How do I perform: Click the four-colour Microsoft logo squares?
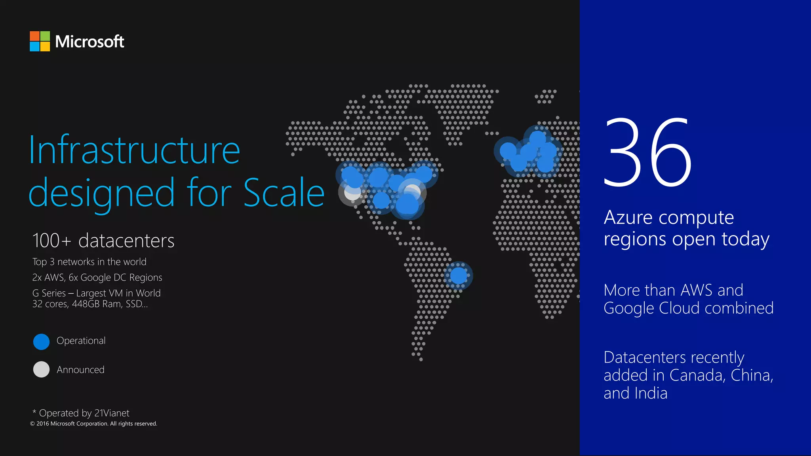[40, 41]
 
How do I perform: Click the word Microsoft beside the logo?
[89, 42]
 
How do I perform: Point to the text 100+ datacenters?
[103, 241]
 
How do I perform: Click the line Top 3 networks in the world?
[89, 262]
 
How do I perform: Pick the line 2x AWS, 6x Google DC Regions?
[97, 277]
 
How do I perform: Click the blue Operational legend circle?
[41, 342]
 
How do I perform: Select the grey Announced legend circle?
[41, 369]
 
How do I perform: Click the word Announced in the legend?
[80, 370]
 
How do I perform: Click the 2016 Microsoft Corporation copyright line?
[93, 424]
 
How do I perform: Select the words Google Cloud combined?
[688, 308]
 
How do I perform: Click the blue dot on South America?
[458, 275]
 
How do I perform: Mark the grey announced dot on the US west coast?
[352, 193]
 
